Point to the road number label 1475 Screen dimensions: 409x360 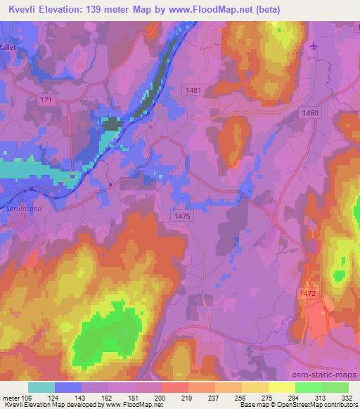pos(181,217)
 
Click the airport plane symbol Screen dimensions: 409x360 pos(313,46)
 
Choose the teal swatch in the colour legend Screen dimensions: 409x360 pos(41,387)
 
